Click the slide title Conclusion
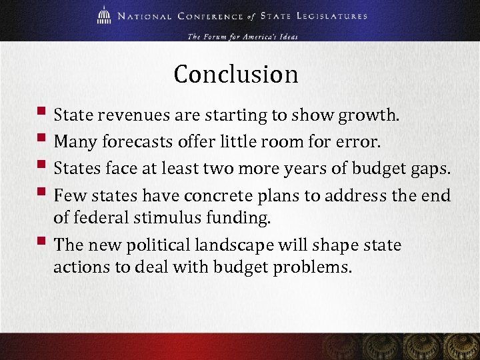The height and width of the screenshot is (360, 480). coord(235,74)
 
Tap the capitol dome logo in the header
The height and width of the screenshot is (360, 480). coord(105,15)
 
